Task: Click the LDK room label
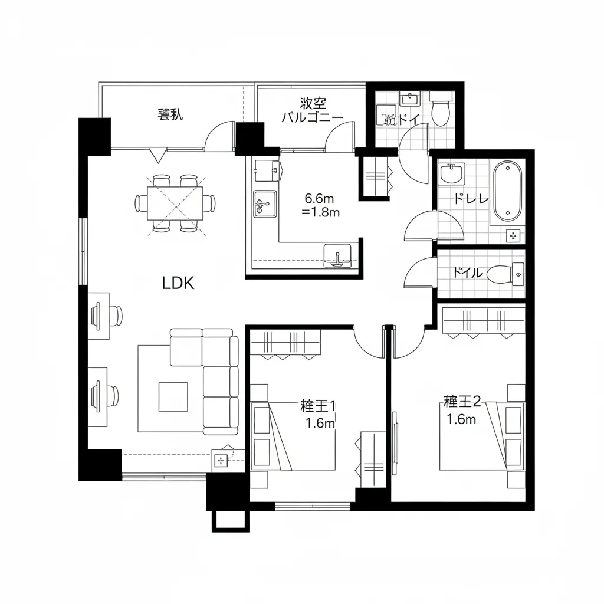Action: click(178, 283)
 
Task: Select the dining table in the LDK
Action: click(175, 203)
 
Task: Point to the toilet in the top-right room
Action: click(440, 110)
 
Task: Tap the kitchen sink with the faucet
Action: click(265, 204)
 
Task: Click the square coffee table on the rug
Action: click(173, 396)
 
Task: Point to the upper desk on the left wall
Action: click(99, 316)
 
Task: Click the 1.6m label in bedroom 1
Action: click(320, 423)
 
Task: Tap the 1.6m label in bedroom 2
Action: click(461, 419)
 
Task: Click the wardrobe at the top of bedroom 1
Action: click(285, 343)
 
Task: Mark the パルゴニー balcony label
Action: click(311, 117)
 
